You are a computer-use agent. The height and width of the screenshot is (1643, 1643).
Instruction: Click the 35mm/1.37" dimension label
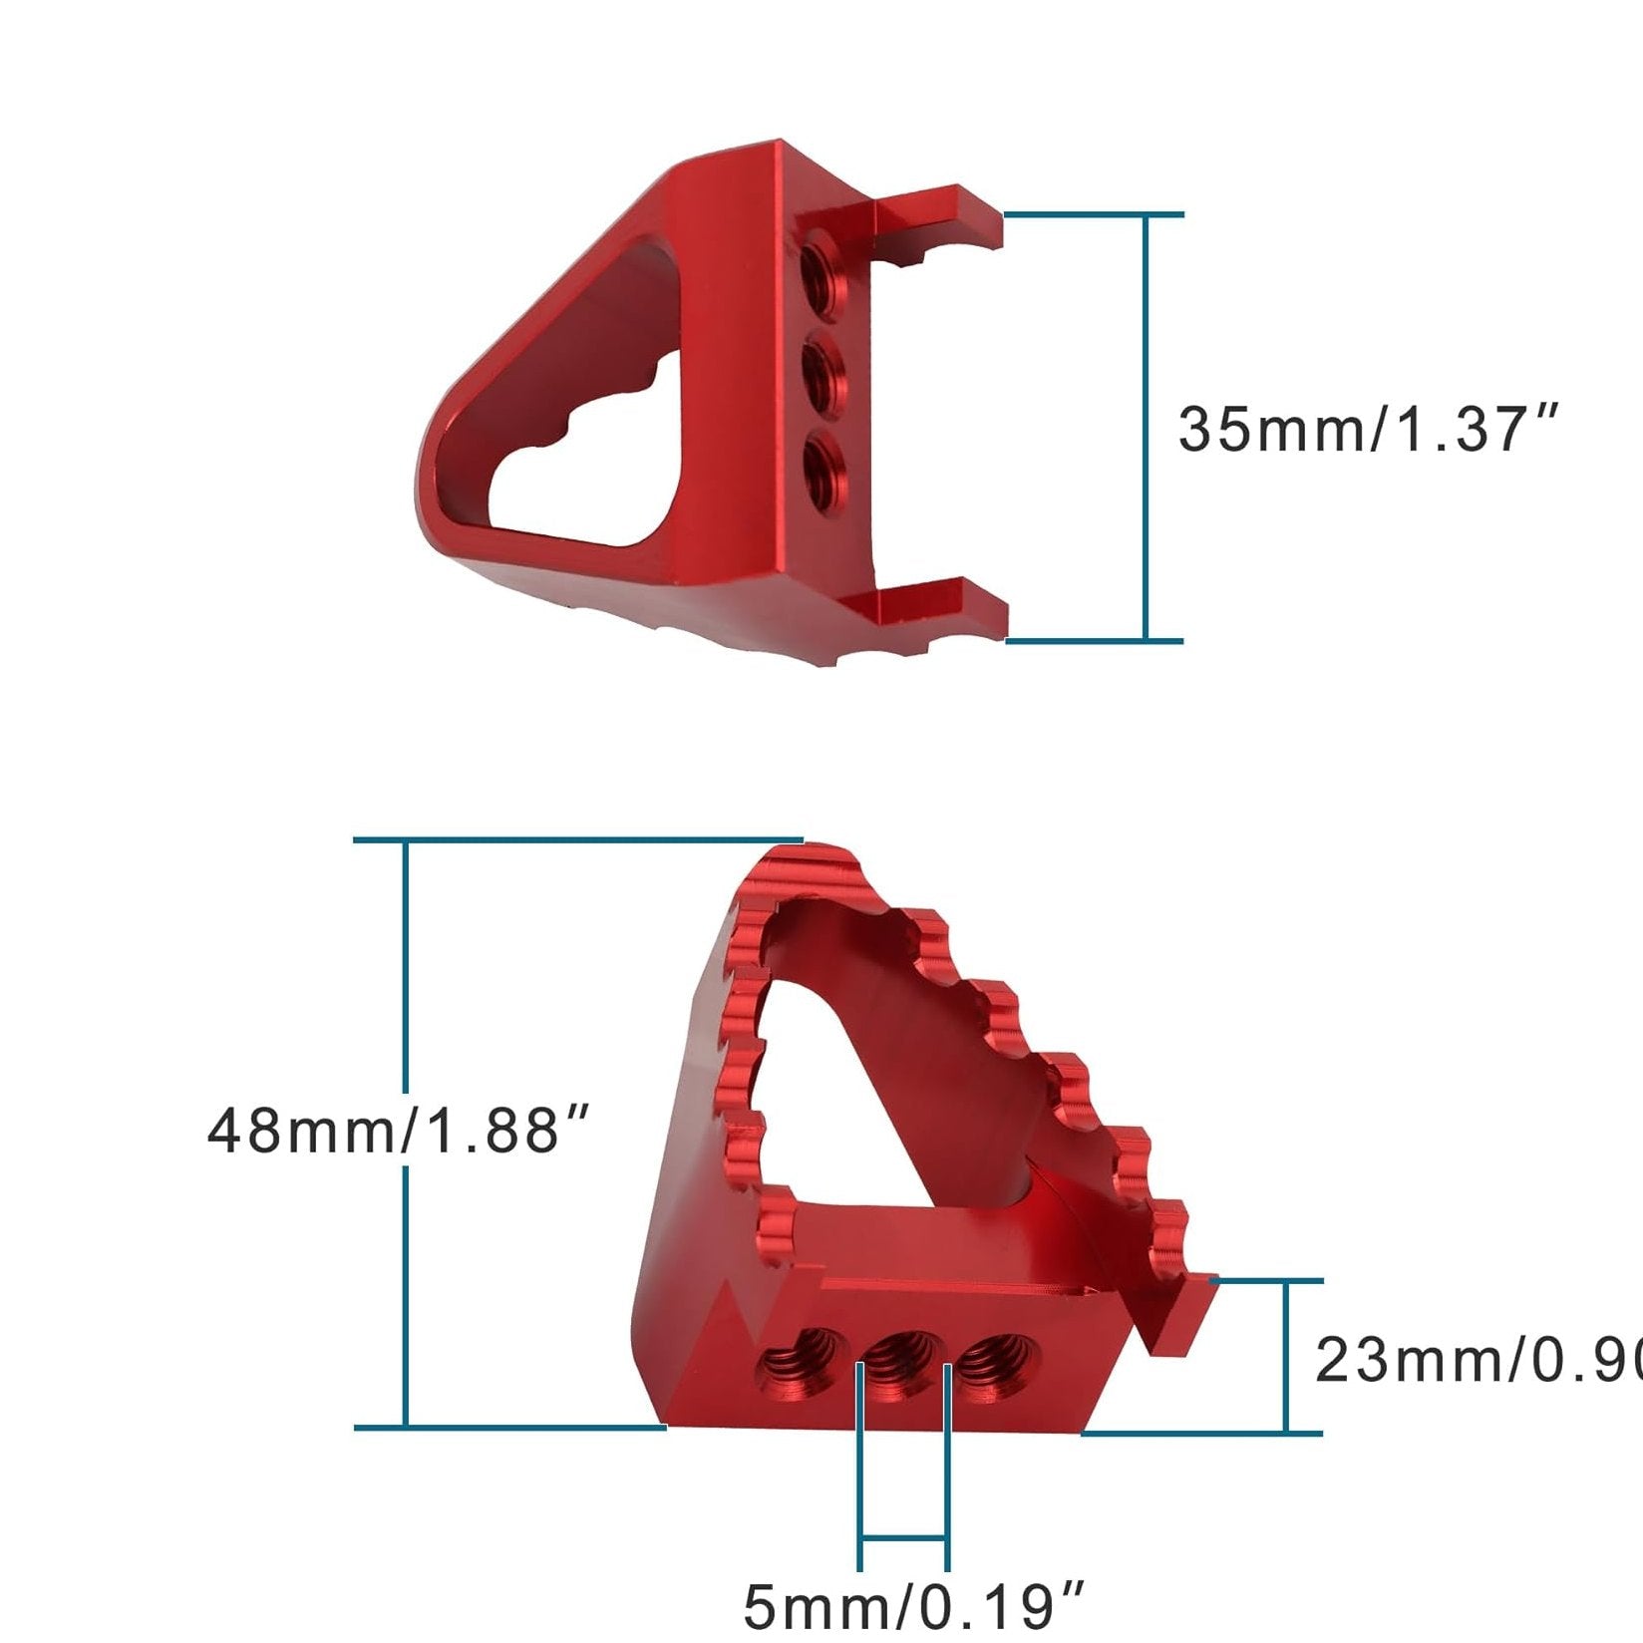point(1366,429)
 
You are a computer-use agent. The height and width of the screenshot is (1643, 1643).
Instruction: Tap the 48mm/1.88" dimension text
point(399,1131)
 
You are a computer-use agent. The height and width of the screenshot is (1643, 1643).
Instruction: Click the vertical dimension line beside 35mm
point(1147,429)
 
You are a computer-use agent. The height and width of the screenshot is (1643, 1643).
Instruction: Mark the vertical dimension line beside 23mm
point(1287,1356)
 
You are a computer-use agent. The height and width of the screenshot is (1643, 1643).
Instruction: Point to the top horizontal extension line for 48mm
point(578,840)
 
